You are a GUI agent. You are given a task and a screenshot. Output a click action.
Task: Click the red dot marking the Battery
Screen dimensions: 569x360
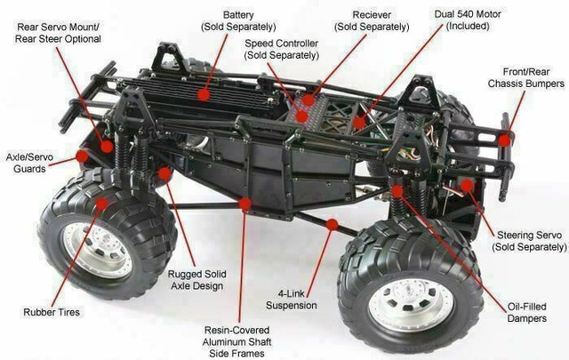(x=204, y=92)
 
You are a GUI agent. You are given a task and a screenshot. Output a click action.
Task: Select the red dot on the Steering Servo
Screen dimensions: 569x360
(x=467, y=185)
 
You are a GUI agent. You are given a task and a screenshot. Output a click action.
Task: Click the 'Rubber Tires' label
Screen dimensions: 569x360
(x=52, y=312)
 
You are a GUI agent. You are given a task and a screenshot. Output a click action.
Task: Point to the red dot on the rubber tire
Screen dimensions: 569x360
(x=102, y=204)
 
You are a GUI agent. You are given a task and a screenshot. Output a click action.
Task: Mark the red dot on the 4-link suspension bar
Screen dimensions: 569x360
(x=332, y=225)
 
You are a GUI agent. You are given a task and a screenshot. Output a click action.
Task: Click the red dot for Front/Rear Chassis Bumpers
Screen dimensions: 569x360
(x=505, y=140)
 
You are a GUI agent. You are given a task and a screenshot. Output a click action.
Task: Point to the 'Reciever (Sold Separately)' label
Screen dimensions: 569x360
(x=372, y=22)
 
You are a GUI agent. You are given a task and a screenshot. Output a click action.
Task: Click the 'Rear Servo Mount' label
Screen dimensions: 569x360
(x=60, y=33)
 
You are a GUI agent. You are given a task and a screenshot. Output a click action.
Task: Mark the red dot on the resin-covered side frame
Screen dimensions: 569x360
(x=245, y=204)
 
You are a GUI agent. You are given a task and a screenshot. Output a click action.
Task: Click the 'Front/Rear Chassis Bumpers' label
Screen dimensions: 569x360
(x=525, y=77)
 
